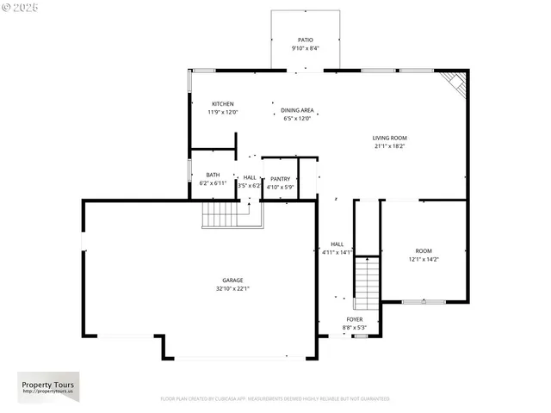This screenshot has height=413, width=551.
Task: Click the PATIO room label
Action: [x=305, y=40]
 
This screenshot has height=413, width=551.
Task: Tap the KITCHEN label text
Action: [x=222, y=104]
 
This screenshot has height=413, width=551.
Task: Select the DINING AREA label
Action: [x=297, y=110]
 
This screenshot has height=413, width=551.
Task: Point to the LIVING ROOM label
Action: [x=389, y=138]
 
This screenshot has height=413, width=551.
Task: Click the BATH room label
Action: [x=212, y=175]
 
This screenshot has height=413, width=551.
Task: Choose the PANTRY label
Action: [x=280, y=178]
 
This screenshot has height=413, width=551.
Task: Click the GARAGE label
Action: [x=232, y=280]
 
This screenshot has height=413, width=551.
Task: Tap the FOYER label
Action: [x=355, y=319]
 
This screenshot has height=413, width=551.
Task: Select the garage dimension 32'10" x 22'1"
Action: [x=232, y=289]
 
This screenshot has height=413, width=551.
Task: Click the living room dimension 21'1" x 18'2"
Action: [x=389, y=146]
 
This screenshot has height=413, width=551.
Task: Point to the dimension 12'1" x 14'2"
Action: [x=423, y=259]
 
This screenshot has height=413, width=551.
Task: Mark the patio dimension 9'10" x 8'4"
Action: [x=305, y=48]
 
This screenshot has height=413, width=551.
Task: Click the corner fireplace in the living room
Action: [x=456, y=83]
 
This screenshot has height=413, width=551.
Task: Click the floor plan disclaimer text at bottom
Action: [x=275, y=399]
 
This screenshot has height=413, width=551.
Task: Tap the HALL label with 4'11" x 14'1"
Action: [x=337, y=248]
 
